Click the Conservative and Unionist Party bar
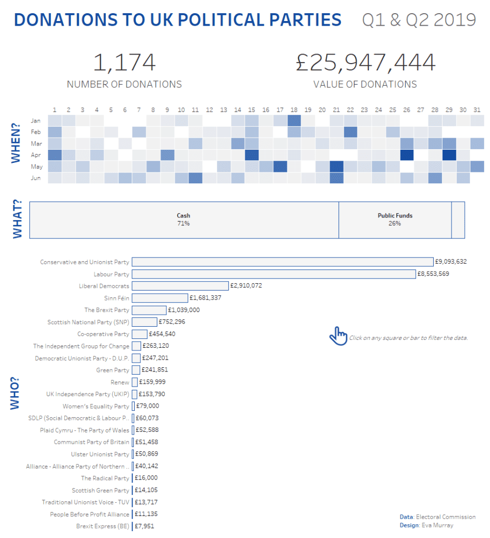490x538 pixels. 282,262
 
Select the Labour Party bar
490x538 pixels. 274,274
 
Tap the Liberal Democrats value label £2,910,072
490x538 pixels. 246,286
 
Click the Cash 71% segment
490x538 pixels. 184,220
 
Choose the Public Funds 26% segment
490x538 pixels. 395,220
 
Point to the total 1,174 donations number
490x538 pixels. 125,63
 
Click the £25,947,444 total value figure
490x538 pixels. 365,63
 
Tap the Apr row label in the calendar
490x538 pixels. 36,155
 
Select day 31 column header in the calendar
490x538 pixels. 477,110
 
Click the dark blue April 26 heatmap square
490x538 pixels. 406,155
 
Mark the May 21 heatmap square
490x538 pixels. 336,167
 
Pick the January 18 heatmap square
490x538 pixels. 294,120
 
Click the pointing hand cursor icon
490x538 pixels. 338,335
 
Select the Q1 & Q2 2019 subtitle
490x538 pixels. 419,20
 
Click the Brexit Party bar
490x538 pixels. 149,310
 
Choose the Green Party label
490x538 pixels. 112,370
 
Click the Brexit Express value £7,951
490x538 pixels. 144,526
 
